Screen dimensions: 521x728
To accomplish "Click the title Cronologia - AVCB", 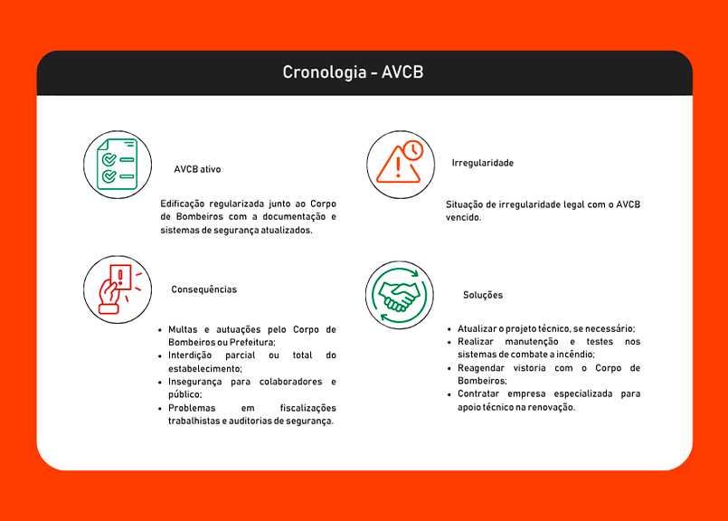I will click(x=352, y=72).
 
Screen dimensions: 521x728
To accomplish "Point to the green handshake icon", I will click(x=400, y=295).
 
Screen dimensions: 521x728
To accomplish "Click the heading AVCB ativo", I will click(x=197, y=169).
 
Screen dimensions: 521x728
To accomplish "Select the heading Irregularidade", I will click(x=482, y=163).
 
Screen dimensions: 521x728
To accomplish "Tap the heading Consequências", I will click(x=203, y=289).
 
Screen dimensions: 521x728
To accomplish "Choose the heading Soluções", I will click(x=483, y=295).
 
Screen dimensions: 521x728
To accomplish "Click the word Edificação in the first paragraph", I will click(x=184, y=204).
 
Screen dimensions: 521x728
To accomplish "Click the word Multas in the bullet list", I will click(x=183, y=329).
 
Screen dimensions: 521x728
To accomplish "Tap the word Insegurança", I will click(x=195, y=382).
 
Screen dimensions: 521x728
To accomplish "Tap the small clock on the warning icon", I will click(x=412, y=150).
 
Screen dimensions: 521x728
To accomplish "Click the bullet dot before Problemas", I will click(x=159, y=409).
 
